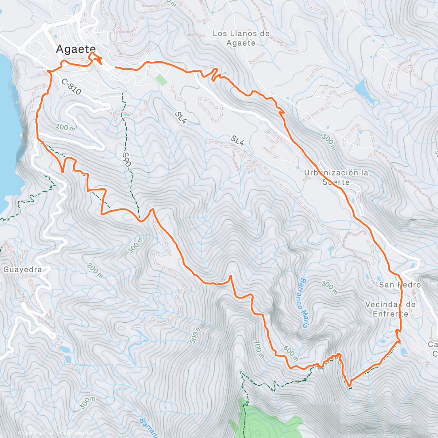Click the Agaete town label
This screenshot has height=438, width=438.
point(76,50)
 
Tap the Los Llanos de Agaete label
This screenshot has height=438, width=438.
point(241,38)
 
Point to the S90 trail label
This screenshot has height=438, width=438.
point(126,159)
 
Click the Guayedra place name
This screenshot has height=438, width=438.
point(22,270)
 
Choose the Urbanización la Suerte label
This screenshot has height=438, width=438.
point(336,177)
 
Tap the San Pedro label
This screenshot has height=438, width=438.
point(400,285)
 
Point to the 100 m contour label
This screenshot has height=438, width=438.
point(66,127)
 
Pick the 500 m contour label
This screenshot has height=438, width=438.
point(196,335)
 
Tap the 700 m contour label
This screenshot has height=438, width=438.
point(258,349)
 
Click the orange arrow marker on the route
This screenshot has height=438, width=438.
point(97,60)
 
